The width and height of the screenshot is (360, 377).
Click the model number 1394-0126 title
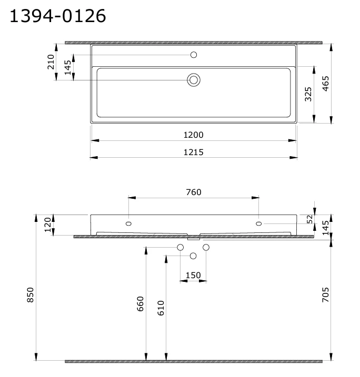(x=57, y=16)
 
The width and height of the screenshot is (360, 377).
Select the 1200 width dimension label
(x=194, y=135)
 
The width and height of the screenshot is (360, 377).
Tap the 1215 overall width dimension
(x=194, y=152)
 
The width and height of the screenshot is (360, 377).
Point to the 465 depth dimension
(x=325, y=84)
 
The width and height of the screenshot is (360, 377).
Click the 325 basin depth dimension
(x=308, y=94)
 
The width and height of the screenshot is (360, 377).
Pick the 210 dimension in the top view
(x=51, y=62)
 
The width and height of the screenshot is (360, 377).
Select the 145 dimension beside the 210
(x=68, y=67)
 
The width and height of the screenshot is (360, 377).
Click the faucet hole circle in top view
(x=194, y=55)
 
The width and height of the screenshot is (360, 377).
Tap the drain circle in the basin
(x=194, y=80)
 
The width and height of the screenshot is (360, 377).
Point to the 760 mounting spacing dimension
(x=194, y=192)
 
